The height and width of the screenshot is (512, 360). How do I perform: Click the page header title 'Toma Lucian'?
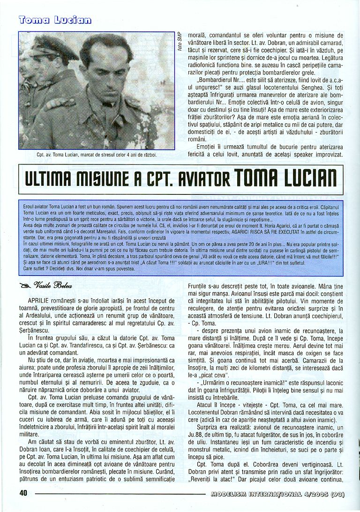55,19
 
